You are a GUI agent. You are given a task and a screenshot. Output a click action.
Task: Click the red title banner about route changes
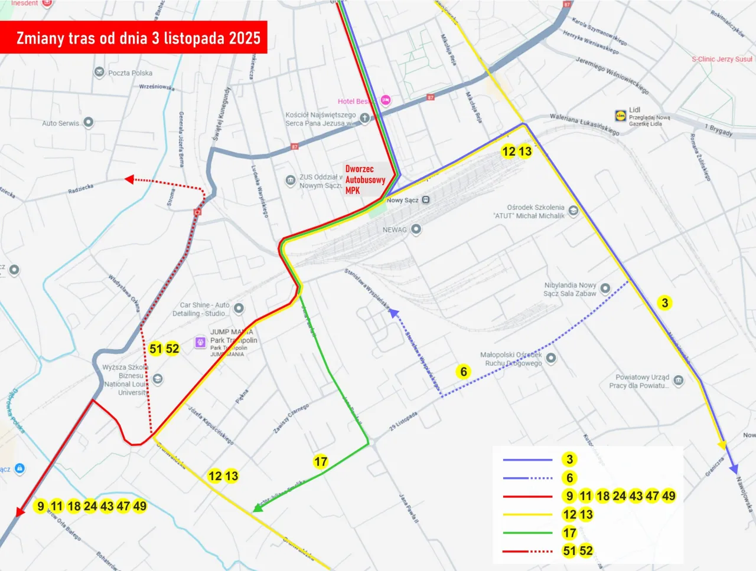pos(133,38)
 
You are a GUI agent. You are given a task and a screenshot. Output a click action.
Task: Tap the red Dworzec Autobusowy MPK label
pos(364,180)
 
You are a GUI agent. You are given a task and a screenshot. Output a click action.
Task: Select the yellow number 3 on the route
pos(665,303)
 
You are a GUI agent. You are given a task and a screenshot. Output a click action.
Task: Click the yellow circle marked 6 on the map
pos(464,372)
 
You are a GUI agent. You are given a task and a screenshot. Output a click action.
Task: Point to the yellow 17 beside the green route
pos(321,461)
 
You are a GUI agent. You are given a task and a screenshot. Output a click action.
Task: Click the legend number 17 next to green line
pos(569,533)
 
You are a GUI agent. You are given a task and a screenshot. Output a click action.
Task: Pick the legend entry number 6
pos(569,478)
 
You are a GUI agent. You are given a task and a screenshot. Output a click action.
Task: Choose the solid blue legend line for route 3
pos(527,460)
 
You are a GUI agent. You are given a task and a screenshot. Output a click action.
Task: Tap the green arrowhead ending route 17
pos(258,508)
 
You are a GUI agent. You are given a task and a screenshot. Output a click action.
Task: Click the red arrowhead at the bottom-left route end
pos(21,511)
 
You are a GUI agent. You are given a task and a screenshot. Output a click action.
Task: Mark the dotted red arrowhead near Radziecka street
pos(130,179)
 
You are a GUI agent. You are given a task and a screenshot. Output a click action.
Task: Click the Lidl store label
pos(634,110)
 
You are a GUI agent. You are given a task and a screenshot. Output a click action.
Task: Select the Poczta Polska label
pos(130,73)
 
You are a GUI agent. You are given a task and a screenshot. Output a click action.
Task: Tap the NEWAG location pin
pos(416,229)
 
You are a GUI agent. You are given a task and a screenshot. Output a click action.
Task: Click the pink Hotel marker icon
pos(385,100)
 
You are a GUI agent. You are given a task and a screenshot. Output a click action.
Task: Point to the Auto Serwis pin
pos(88,122)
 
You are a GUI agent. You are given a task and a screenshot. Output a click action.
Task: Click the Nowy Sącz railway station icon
pos(426,200)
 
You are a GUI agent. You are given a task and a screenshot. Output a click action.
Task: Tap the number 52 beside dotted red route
pos(172,349)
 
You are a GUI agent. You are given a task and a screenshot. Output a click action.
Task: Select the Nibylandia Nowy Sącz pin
pos(605,288)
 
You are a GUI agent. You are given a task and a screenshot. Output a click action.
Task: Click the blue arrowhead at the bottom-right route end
pos(734,470)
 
